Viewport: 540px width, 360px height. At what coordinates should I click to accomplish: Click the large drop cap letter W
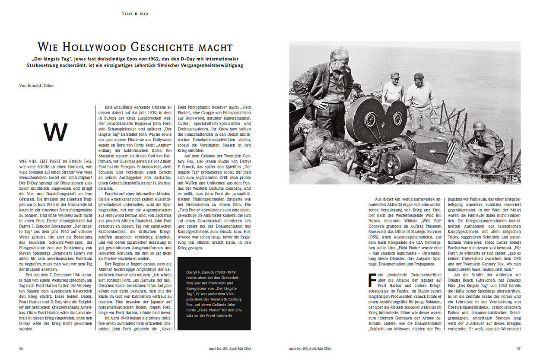pyautogui.click(x=56, y=132)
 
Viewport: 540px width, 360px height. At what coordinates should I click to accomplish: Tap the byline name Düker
pyautogui.click(x=47, y=86)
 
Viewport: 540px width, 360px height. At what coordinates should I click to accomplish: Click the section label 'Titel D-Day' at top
pyautogui.click(x=135, y=14)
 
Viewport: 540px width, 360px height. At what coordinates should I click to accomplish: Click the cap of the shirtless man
pyautogui.click(x=394, y=75)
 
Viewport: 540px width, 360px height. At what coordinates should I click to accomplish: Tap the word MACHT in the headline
pyautogui.click(x=218, y=47)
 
